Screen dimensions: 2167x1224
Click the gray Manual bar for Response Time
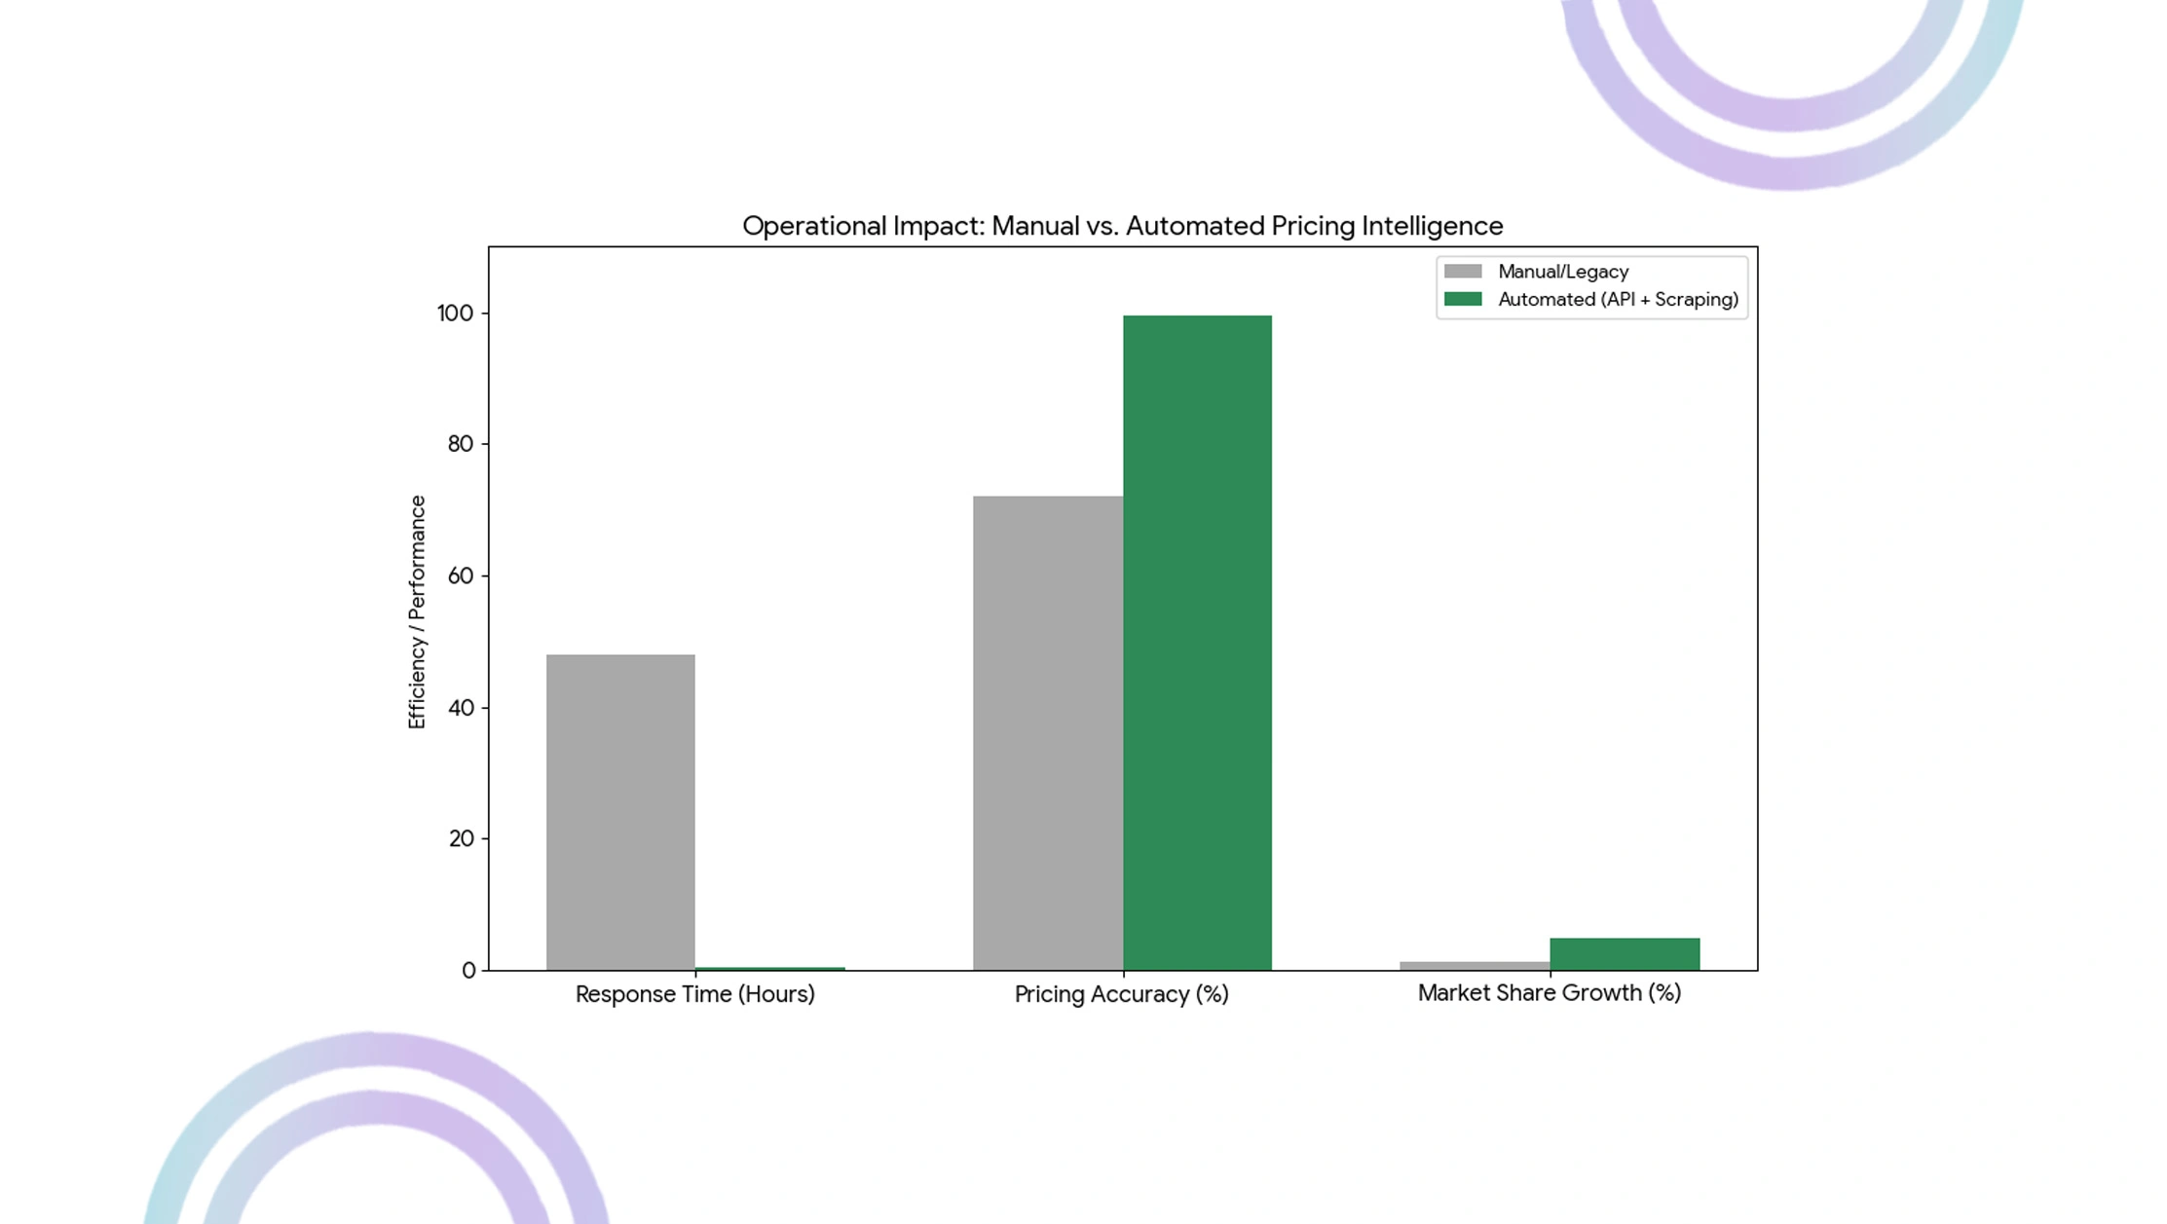pos(620,812)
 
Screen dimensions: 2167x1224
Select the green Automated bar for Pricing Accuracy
pos(1197,643)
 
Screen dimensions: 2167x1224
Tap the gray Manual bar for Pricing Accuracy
pos(1048,733)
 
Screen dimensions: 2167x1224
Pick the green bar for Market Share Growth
pos(1625,954)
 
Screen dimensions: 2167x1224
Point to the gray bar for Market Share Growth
pos(1475,966)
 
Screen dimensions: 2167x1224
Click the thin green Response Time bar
pos(770,969)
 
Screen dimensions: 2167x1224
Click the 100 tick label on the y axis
pos(455,314)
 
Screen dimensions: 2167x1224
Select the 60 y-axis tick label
pos(461,575)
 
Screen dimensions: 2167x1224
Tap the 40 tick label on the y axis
pos(461,708)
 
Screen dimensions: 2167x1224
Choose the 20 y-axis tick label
pos(461,838)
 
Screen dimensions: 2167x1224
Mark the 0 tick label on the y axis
pos(468,971)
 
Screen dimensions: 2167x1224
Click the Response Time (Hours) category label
pos(695,994)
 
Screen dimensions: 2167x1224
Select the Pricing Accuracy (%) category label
pos(1122,994)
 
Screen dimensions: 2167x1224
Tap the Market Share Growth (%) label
pos(1550,993)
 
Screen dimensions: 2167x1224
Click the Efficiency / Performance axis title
pos(417,612)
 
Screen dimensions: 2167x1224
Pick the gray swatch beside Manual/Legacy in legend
pos(1463,272)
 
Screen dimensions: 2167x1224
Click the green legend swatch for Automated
pos(1463,299)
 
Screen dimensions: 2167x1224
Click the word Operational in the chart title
pos(814,227)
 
